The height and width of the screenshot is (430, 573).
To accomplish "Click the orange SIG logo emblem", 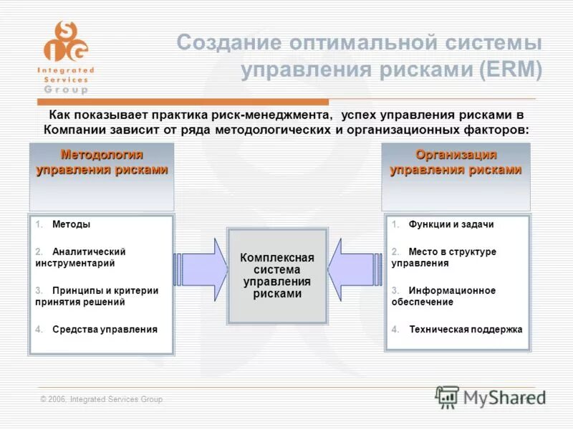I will [65, 41].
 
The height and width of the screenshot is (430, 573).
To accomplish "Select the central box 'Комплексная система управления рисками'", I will [277, 276].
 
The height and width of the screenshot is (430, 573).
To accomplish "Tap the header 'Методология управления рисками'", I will [102, 163].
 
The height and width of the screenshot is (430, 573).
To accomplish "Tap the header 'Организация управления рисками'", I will [456, 163].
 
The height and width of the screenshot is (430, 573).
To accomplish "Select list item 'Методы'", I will [71, 224].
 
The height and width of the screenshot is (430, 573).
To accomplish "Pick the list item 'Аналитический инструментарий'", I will [80, 257].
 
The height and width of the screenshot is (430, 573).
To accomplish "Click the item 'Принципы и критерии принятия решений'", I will [96, 296].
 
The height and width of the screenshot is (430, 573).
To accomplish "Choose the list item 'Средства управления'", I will [104, 330].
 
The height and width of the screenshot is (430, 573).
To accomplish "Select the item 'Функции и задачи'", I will [451, 224].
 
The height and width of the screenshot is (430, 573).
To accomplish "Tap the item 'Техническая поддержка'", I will [465, 330].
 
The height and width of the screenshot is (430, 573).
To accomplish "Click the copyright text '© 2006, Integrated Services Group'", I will [102, 399].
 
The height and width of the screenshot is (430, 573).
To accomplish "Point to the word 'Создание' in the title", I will [228, 43].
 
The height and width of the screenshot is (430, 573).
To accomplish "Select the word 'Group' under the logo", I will [65, 90].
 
